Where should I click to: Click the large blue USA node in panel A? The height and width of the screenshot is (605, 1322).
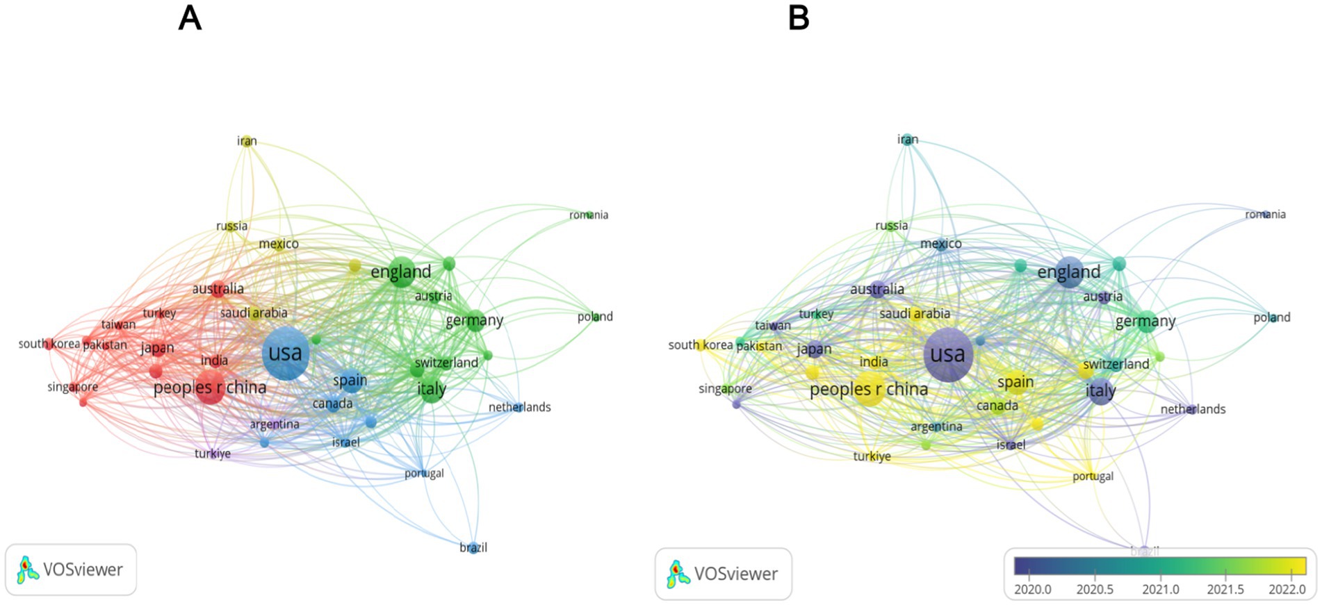[286, 354]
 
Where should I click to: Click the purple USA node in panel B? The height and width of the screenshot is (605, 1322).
[948, 355]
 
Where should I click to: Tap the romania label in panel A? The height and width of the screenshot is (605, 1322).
[589, 215]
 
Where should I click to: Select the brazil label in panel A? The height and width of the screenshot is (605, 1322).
[473, 547]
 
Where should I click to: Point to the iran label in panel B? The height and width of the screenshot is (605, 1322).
[908, 140]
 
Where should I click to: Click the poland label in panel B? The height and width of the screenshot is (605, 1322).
[1272, 317]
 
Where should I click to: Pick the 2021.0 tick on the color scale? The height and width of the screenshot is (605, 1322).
[1161, 589]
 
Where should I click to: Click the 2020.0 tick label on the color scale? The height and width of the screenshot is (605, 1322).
[1033, 589]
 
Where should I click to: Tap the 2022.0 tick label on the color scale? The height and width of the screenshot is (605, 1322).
[1287, 589]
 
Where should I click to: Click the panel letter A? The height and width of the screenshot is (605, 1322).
[190, 18]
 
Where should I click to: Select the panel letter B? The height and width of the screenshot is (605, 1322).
[799, 18]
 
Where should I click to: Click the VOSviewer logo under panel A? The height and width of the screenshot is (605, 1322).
[70, 570]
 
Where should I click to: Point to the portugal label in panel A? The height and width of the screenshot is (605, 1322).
[424, 474]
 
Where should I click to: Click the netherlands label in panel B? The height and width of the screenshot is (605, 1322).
[1193, 409]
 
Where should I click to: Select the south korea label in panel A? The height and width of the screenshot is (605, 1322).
[49, 344]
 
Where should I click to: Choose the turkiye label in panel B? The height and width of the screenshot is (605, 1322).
[872, 456]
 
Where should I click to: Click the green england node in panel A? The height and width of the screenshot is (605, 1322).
[401, 272]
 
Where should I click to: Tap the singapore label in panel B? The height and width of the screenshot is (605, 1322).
[725, 389]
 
